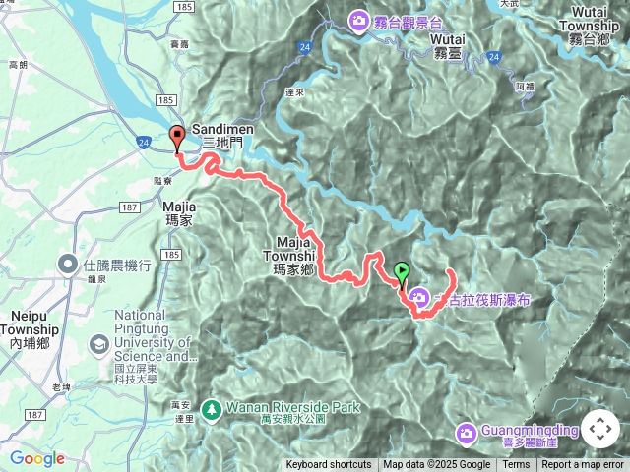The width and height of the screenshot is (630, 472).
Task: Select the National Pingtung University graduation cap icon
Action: [99, 344]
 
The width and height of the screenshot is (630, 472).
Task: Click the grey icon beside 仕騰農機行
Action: [68, 264]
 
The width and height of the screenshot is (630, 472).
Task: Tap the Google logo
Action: [36, 458]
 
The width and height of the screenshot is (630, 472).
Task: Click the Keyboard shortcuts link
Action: [329, 465]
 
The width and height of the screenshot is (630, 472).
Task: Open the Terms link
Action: [516, 465]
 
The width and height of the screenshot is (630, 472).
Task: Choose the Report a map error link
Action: [583, 465]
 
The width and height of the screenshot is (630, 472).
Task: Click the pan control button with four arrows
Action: [599, 430]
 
